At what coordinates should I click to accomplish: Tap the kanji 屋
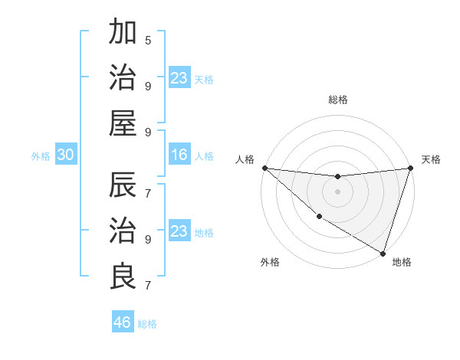click(x=123, y=123)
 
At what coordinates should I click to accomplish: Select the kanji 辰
click(x=123, y=186)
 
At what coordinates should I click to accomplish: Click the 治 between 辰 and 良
click(x=123, y=231)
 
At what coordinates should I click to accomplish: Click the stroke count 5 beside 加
click(x=148, y=40)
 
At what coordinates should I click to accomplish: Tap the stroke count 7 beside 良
click(x=148, y=285)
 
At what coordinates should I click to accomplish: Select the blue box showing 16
click(x=179, y=155)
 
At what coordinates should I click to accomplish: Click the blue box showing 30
click(x=65, y=155)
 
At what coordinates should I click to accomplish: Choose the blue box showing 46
click(x=122, y=322)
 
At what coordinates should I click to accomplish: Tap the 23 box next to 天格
click(x=179, y=78)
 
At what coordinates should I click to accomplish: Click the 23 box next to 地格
click(x=179, y=231)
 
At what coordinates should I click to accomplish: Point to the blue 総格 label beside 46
click(x=148, y=324)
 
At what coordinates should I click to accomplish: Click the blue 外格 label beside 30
click(x=41, y=156)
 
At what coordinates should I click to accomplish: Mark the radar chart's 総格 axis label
click(x=337, y=100)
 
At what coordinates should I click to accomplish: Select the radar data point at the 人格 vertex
click(x=264, y=168)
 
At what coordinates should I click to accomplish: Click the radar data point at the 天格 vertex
click(x=410, y=168)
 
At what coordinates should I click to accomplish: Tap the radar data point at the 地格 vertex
click(x=383, y=253)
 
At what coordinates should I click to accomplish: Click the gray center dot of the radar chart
click(x=337, y=191)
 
